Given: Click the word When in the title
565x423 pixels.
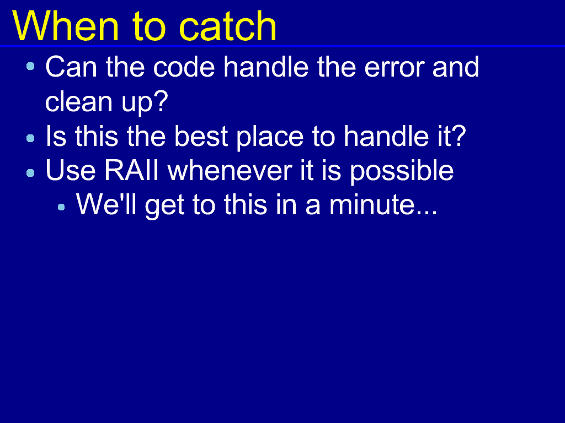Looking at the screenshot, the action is [x=66, y=26].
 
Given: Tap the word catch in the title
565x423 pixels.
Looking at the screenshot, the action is [x=228, y=26].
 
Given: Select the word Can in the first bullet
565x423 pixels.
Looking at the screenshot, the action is [x=71, y=67].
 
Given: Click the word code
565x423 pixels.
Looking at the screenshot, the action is [x=184, y=67].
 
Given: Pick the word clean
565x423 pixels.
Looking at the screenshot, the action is [x=78, y=101].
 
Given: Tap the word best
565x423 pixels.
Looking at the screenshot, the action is [x=201, y=136].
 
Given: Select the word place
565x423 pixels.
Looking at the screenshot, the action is [x=270, y=137].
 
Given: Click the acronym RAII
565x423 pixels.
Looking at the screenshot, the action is [x=131, y=170].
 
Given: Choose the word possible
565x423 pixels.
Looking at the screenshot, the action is [x=402, y=171].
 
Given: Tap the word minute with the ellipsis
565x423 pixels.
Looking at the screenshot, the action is [x=383, y=205].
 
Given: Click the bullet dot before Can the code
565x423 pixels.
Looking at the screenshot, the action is [x=31, y=66].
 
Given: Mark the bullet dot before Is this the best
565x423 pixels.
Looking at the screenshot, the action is [x=31, y=138].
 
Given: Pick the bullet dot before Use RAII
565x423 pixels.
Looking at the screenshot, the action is [x=31, y=172].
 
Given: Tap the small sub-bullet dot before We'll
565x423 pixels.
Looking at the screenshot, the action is [x=61, y=207].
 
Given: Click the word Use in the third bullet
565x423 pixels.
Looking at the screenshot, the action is [x=71, y=170].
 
